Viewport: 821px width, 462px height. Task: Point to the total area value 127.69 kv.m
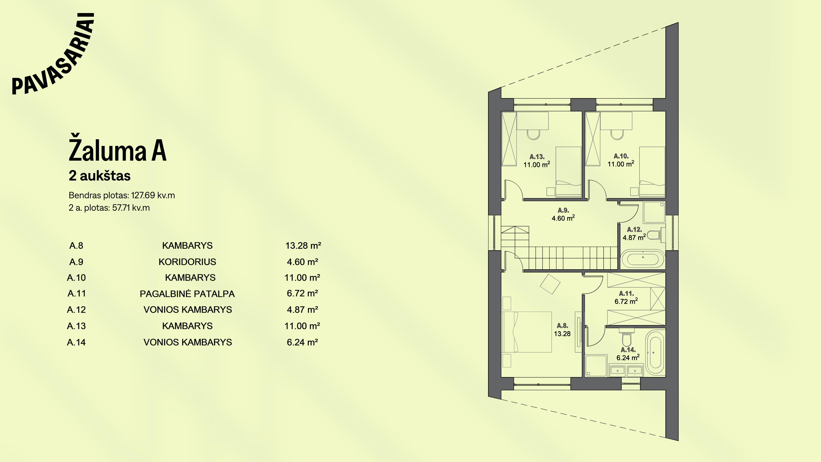pyautogui.click(x=153, y=195)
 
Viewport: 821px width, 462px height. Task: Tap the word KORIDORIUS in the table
pyautogui.click(x=188, y=262)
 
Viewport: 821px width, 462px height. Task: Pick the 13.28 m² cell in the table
pyautogui.click(x=303, y=246)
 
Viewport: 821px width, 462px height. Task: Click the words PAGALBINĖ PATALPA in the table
pyautogui.click(x=188, y=294)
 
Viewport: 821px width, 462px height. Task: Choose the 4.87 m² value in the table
pyautogui.click(x=303, y=309)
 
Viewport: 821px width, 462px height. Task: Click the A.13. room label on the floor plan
pyautogui.click(x=537, y=157)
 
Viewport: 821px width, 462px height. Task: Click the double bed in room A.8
pyautogui.click(x=527, y=332)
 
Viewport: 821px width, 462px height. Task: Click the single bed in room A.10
pyautogui.click(x=652, y=172)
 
